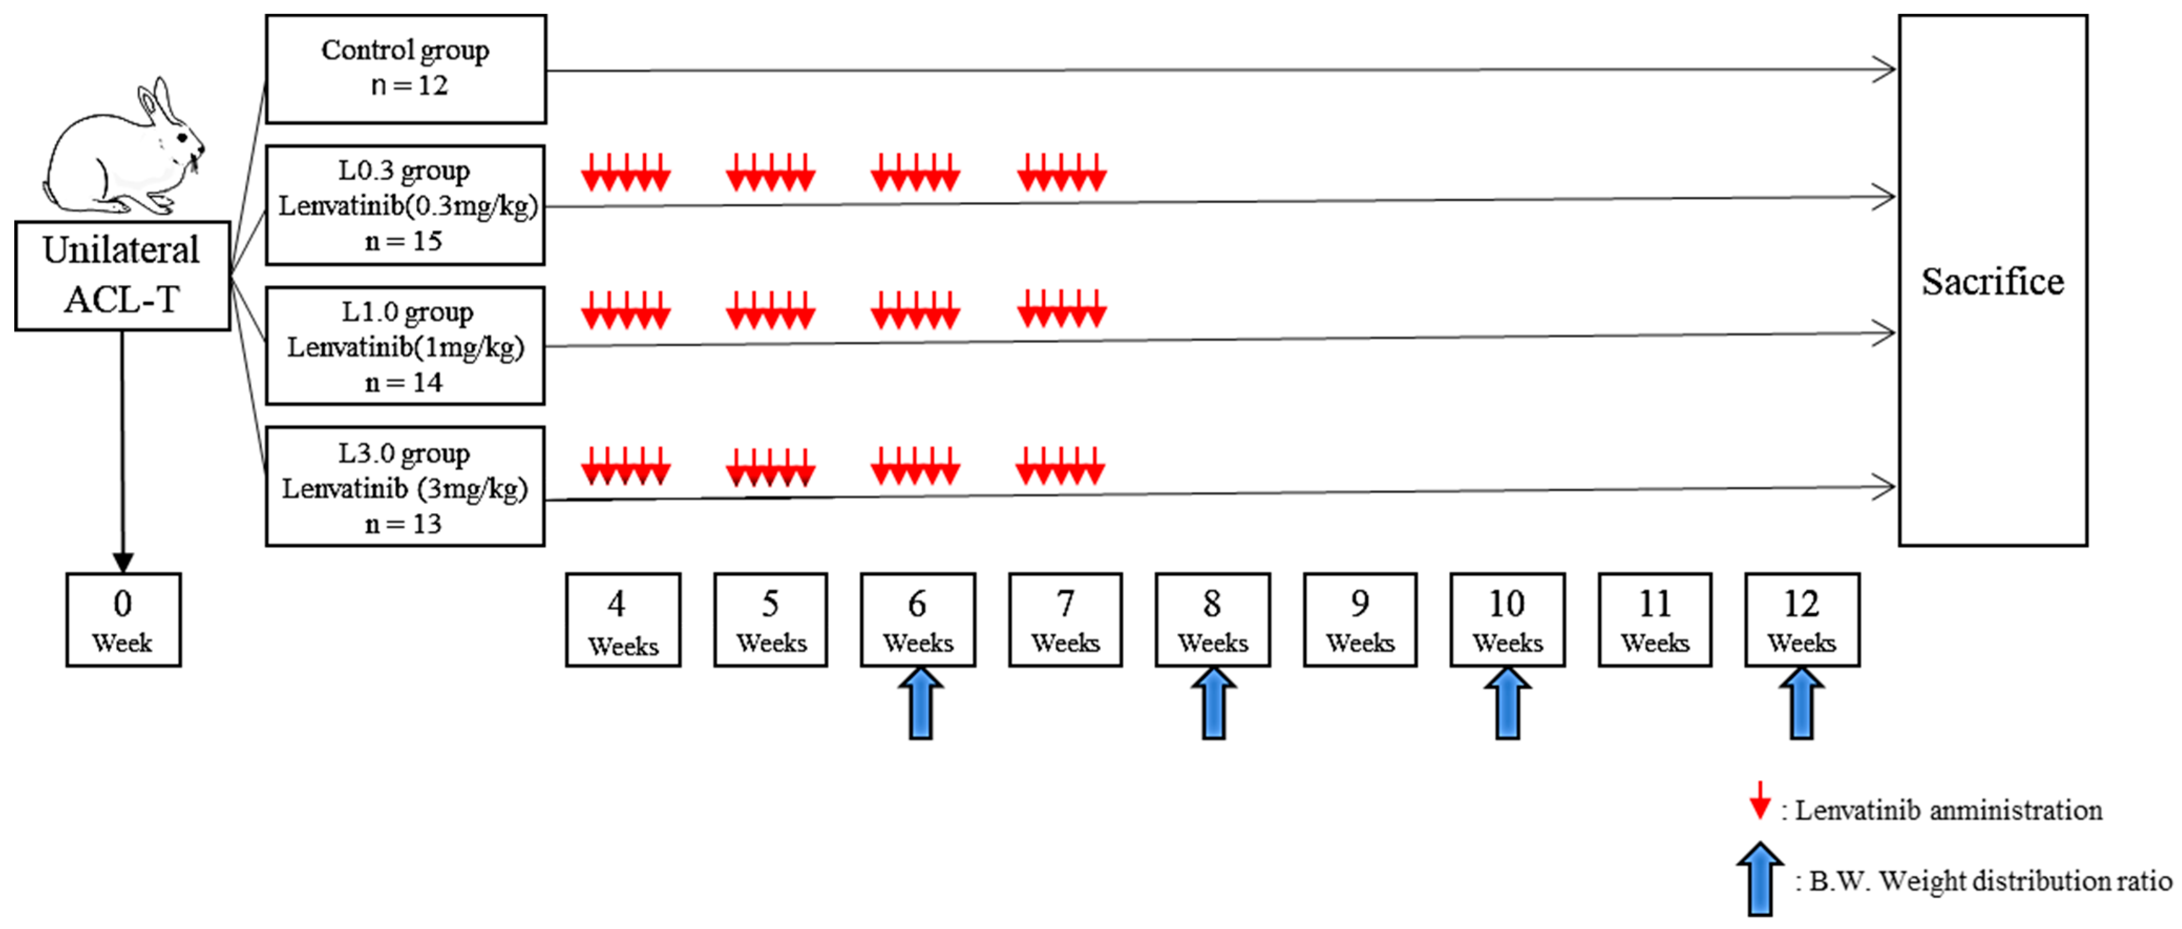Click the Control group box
[x=406, y=69]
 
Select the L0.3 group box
[x=406, y=205]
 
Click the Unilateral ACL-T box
[x=122, y=275]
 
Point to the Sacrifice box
[x=1992, y=280]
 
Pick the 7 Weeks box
[x=1065, y=620]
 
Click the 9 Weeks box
[x=1360, y=620]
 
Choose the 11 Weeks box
[x=1654, y=620]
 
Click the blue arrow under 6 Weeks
[x=920, y=704]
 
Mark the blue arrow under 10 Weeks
[x=1507, y=704]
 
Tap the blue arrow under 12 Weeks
[x=1801, y=704]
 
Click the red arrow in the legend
[x=1760, y=800]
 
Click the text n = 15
[x=404, y=241]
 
